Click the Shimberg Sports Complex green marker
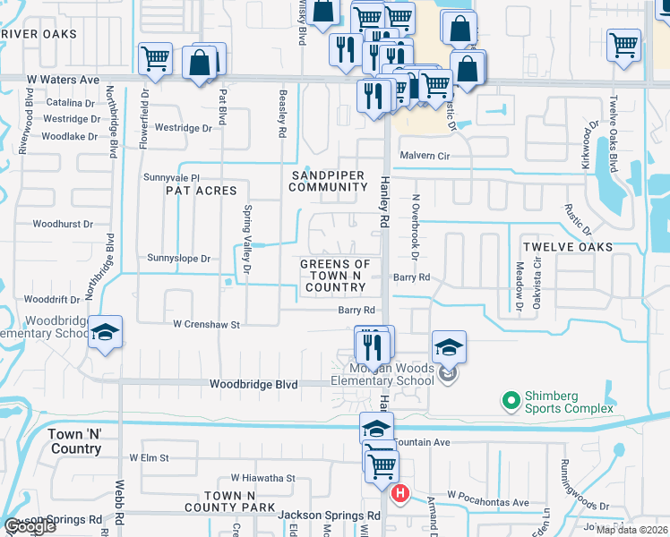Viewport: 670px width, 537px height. pos(511,399)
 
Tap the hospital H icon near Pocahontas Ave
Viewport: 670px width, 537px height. pos(401,493)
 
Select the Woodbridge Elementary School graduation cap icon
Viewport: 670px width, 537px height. pos(105,334)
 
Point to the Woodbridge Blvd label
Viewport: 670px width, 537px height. pos(253,384)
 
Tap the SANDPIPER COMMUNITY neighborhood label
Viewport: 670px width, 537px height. pos(328,180)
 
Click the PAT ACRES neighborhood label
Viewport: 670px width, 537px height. pos(201,191)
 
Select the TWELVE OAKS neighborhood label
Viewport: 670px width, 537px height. pos(568,247)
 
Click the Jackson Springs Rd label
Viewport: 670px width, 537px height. pos(329,516)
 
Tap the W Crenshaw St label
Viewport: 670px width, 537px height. pos(207,324)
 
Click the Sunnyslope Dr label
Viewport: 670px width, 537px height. pos(178,258)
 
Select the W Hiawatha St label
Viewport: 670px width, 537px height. pos(262,479)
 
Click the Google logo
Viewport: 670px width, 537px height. pos(29,526)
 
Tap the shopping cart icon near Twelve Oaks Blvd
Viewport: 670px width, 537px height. pos(623,45)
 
